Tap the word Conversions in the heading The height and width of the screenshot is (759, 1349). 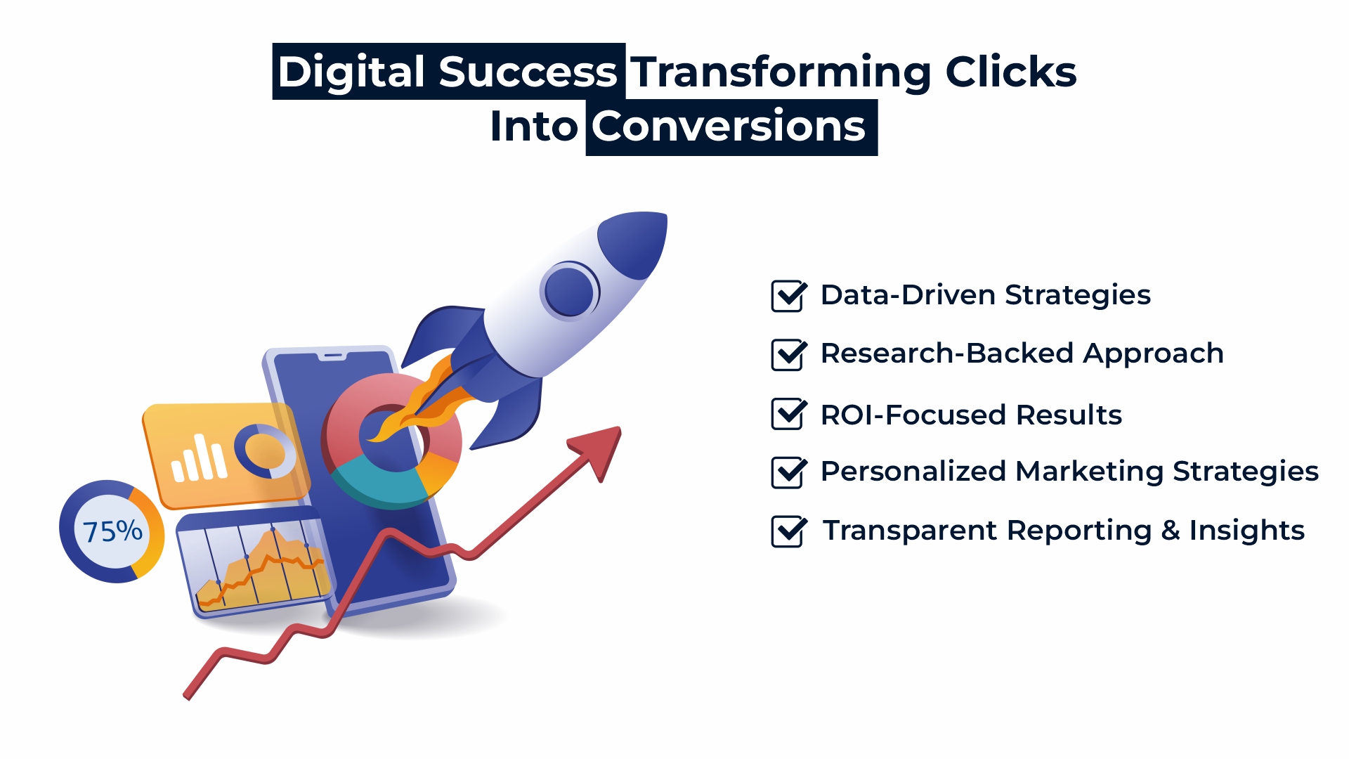pos(729,126)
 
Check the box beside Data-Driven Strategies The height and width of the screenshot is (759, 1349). pos(789,296)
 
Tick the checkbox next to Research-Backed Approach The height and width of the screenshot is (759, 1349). pos(789,354)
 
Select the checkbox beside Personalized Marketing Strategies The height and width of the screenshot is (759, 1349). pos(789,472)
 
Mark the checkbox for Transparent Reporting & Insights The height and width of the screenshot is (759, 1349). pos(789,531)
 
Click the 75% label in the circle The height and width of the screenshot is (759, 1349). pos(112,531)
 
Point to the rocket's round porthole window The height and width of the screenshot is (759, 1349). pos(570,291)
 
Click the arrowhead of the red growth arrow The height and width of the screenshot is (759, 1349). pos(598,450)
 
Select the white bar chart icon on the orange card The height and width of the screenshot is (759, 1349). pos(200,458)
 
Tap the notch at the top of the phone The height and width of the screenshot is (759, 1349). pos(333,356)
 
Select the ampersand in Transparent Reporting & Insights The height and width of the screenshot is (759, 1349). pos(1170,531)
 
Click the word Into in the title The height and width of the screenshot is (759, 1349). pos(533,126)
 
